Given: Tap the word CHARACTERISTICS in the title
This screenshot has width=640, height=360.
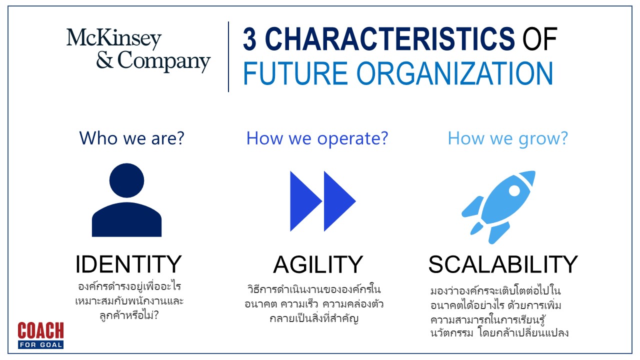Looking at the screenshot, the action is coord(390,39).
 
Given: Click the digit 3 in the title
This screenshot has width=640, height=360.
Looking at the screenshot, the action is coord(249,39).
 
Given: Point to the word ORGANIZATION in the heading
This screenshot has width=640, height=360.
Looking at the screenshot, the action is coord(454,73).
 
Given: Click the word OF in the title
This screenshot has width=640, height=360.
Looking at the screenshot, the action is coord(539,39).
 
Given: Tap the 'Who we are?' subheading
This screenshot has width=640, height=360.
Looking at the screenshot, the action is coord(131,138).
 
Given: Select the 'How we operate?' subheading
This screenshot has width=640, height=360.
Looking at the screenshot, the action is coord(317,139).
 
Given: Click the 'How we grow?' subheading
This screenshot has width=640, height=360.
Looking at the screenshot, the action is coord(507,139).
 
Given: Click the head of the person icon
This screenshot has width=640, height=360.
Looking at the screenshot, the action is coord(126,180).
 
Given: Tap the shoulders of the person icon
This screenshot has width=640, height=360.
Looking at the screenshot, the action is coord(126,219).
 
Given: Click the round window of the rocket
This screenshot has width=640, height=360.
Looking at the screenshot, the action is coord(514,190).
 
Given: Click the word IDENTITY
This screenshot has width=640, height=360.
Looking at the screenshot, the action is coord(128,264).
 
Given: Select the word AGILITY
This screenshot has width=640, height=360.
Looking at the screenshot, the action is coord(318,264).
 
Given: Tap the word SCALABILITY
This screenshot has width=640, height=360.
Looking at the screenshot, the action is coord(503,264).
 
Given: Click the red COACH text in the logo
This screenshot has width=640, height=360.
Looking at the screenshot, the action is coord(40,330).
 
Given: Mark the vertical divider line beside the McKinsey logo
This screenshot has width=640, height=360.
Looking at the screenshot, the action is coord(228,56).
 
